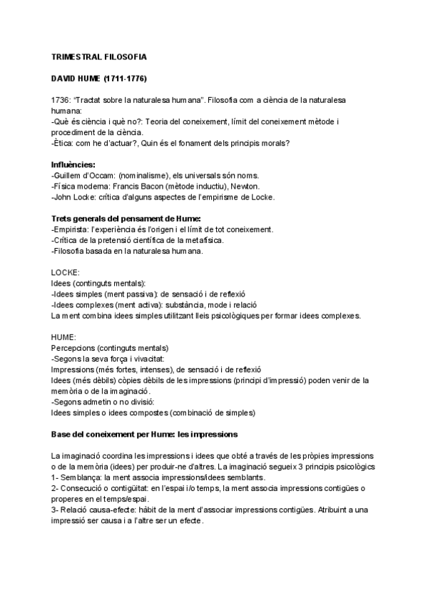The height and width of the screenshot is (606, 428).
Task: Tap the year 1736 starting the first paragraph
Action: pyautogui.click(x=60, y=101)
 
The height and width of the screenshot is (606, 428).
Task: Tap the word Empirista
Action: pyautogui.click(x=70, y=229)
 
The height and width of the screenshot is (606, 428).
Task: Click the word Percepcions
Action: pyautogui.click(x=73, y=349)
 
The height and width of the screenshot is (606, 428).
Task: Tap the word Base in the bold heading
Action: pyautogui.click(x=62, y=434)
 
